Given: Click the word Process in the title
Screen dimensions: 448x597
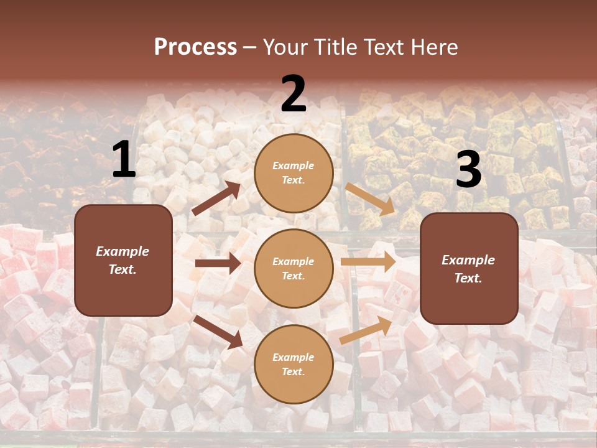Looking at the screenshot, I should [195, 47].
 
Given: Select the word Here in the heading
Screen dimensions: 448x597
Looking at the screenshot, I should [433, 47].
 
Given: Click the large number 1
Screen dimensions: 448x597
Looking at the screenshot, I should [124, 160].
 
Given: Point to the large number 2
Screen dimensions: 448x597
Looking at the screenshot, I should [294, 95].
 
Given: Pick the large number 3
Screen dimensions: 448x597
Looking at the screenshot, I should [468, 170].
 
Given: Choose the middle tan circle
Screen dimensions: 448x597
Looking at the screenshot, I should [294, 268].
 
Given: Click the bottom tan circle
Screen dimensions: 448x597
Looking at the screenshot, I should [294, 364].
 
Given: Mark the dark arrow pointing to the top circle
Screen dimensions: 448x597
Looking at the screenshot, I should [217, 198].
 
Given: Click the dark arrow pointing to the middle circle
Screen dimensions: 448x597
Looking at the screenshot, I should [218, 263].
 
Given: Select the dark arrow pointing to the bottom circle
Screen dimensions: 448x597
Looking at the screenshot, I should [219, 331].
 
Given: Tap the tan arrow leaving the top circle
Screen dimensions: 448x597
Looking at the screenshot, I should [370, 199].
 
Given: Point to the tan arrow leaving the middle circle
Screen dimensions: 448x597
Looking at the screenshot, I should [368, 261].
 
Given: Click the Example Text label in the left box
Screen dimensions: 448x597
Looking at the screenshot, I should [123, 260].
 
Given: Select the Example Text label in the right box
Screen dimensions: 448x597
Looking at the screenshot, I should [468, 269].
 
